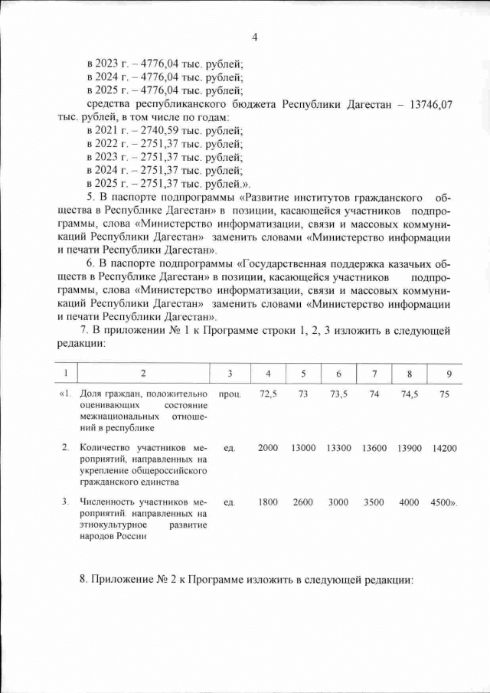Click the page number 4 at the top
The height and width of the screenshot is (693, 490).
[255, 37]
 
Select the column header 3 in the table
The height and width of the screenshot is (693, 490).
[230, 373]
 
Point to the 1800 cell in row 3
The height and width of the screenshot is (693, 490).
[268, 502]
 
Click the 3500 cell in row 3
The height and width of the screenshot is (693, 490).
[374, 502]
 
